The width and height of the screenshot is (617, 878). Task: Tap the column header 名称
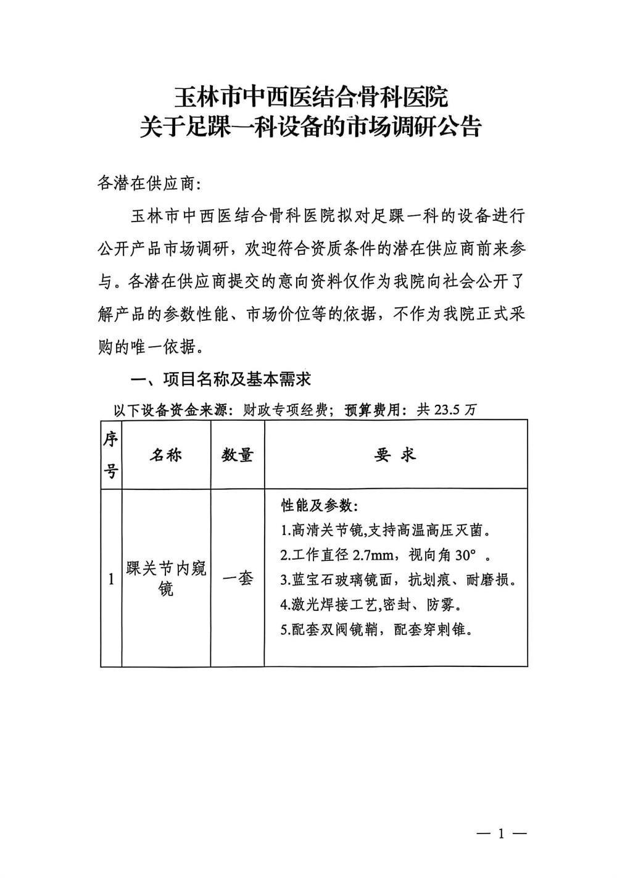click(x=166, y=455)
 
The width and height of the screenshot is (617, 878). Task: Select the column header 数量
click(x=238, y=455)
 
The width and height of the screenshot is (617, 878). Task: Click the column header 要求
click(x=395, y=455)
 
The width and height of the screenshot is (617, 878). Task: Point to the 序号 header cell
click(x=111, y=455)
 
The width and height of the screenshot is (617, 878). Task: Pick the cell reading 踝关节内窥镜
click(x=166, y=578)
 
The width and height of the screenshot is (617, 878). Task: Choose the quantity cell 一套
click(x=238, y=578)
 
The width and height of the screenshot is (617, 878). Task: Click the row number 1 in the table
click(x=111, y=579)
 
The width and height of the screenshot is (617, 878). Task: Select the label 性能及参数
click(x=318, y=506)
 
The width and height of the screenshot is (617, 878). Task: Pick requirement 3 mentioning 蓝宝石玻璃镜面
click(x=398, y=580)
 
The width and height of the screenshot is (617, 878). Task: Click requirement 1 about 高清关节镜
click(x=386, y=530)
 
